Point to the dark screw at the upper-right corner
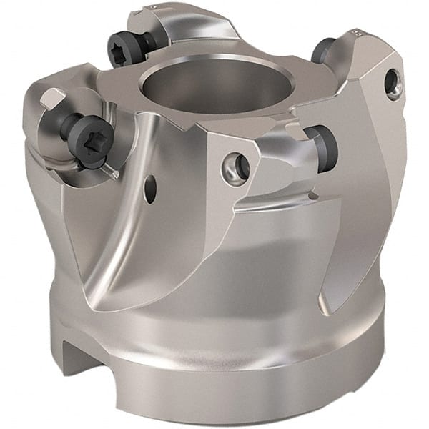click(323, 50)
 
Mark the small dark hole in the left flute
click(149, 189)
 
